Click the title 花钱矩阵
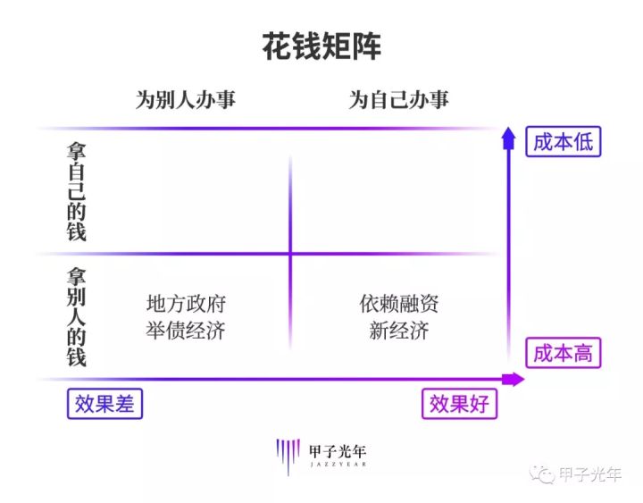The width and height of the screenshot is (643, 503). pyautogui.click(x=321, y=47)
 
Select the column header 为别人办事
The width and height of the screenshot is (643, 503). pyautogui.click(x=185, y=100)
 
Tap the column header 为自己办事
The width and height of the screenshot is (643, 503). pyautogui.click(x=398, y=100)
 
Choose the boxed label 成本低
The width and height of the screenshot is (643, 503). pyautogui.click(x=563, y=141)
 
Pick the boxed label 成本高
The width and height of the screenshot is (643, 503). pyautogui.click(x=563, y=353)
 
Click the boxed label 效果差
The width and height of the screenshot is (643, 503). pyautogui.click(x=105, y=404)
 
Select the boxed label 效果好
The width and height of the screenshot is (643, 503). pyautogui.click(x=459, y=404)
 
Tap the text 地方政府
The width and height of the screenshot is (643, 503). pyautogui.click(x=186, y=304)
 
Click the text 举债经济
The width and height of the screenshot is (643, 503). pyautogui.click(x=186, y=331)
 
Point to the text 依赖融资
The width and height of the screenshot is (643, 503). pyautogui.click(x=399, y=304)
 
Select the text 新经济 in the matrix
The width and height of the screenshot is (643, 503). pyautogui.click(x=399, y=331)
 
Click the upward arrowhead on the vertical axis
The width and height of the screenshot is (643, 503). pyautogui.click(x=509, y=136)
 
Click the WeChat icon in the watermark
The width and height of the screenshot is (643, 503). pyautogui.click(x=542, y=474)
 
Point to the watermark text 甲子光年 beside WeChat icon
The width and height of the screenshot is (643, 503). pyautogui.click(x=590, y=474)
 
